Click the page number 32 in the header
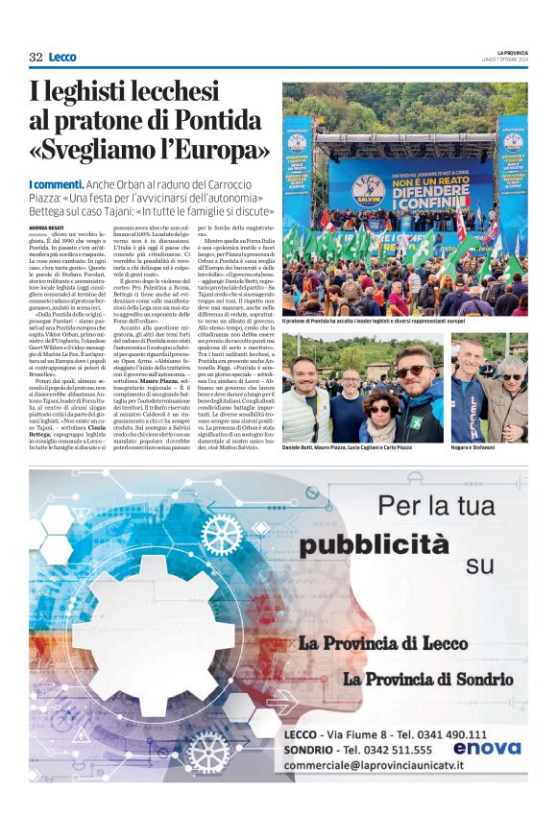[36, 58]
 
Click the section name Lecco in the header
[62, 58]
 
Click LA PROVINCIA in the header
[512, 52]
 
